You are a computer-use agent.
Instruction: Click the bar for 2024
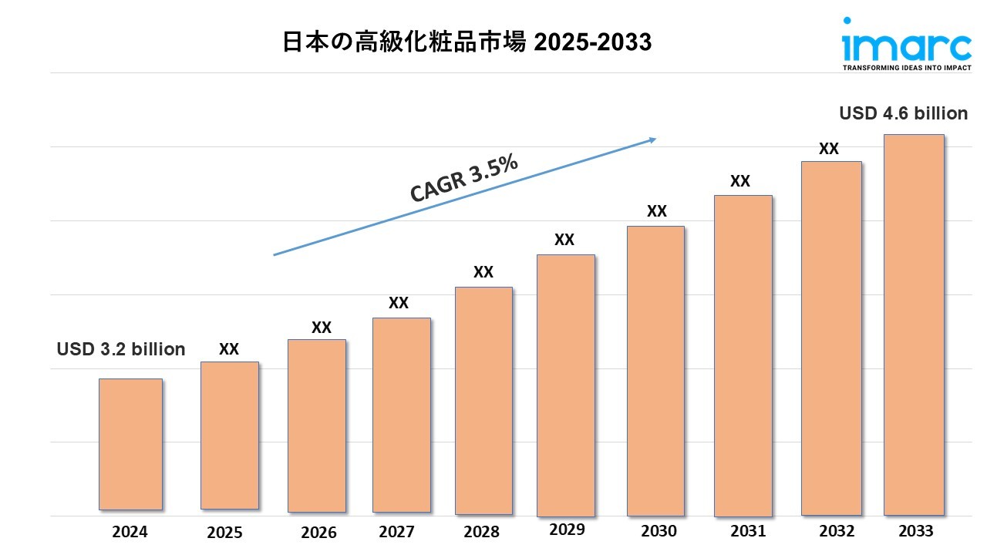coord(130,444)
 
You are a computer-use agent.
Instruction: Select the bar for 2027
coord(401,415)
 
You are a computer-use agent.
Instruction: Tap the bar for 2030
coord(655,371)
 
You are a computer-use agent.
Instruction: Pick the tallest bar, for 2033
coord(914,325)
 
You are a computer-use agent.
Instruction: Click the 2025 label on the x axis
coord(224,533)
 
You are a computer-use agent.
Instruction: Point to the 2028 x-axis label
coord(481,532)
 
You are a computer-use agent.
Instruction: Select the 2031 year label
coord(747,531)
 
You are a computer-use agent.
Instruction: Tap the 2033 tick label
coord(916,531)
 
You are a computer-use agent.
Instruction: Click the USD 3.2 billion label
coord(121,349)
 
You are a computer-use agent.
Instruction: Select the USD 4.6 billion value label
coord(903,113)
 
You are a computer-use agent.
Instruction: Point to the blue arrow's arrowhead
coord(652,140)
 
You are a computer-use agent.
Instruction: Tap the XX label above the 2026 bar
coord(322,328)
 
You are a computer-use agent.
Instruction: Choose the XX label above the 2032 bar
coord(829,150)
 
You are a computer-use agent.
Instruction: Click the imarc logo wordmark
coord(906,47)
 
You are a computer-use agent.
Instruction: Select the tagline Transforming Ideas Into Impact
coord(906,68)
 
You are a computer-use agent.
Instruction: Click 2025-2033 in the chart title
coord(592,43)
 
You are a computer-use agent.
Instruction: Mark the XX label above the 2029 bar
coord(564,240)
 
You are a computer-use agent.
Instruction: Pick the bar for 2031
coord(743,355)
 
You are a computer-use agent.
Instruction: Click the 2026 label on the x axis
coord(318,533)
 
